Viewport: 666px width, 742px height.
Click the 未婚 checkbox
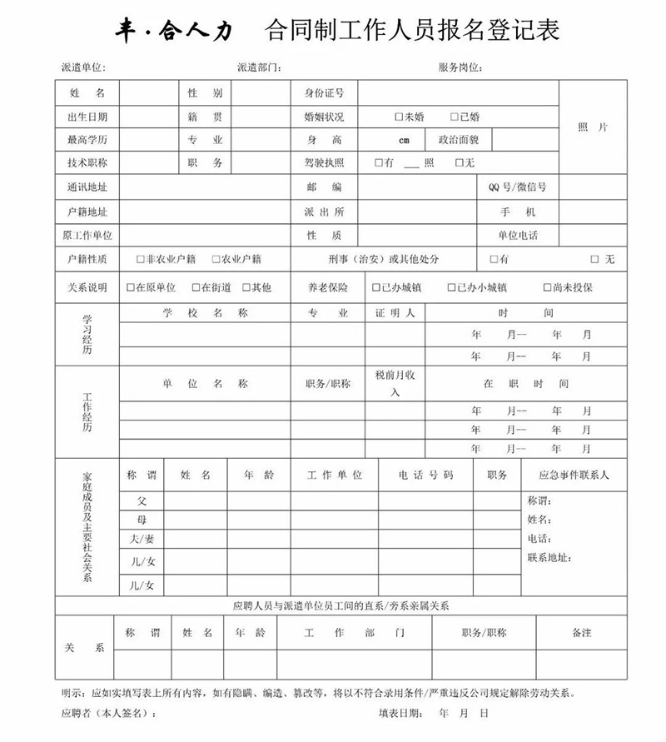[399, 117]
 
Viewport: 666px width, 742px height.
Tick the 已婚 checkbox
[455, 117]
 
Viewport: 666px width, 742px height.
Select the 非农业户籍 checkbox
[140, 260]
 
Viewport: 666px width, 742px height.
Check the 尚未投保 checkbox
[548, 288]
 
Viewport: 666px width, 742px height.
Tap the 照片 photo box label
[593, 127]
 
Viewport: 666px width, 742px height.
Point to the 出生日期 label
[87, 117]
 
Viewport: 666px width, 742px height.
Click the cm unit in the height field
[404, 141]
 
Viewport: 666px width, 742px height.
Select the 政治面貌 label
[458, 140]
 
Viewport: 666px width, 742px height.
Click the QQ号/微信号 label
[518, 187]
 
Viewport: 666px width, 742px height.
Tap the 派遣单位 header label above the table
[83, 67]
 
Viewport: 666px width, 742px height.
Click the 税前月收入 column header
[395, 384]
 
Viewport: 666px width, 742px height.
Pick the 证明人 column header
[395, 314]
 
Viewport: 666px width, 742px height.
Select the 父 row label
[142, 500]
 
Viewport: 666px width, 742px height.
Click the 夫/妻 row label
[142, 540]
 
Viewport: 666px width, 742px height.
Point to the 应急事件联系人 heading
[574, 476]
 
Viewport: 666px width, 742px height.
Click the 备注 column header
[581, 633]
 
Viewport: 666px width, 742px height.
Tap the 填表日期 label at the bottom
[400, 714]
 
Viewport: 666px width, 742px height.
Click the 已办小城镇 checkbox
[451, 288]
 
